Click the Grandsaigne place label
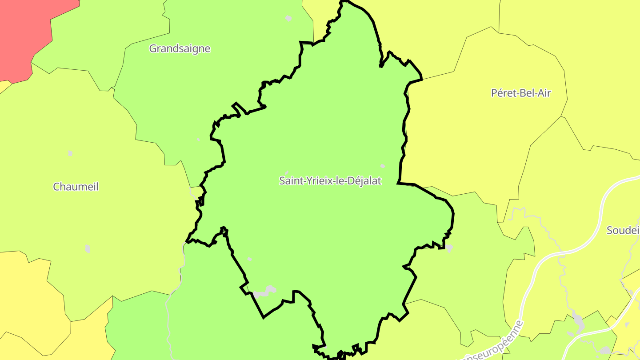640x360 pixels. coord(180,48)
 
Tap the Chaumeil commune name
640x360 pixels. coord(76,187)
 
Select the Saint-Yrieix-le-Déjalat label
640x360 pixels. coord(330,181)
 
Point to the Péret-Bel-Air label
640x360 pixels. coord(521,93)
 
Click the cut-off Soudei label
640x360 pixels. coord(623,230)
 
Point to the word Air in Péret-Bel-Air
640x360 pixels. coord(543,93)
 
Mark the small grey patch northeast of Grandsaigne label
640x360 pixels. coord(288,18)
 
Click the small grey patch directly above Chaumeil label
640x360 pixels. coord(70,153)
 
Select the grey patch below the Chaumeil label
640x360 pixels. coord(88,248)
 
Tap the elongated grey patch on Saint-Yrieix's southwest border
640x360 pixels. coord(265,292)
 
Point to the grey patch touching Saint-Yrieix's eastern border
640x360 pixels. coord(449,248)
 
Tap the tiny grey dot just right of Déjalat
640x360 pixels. coord(383,166)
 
